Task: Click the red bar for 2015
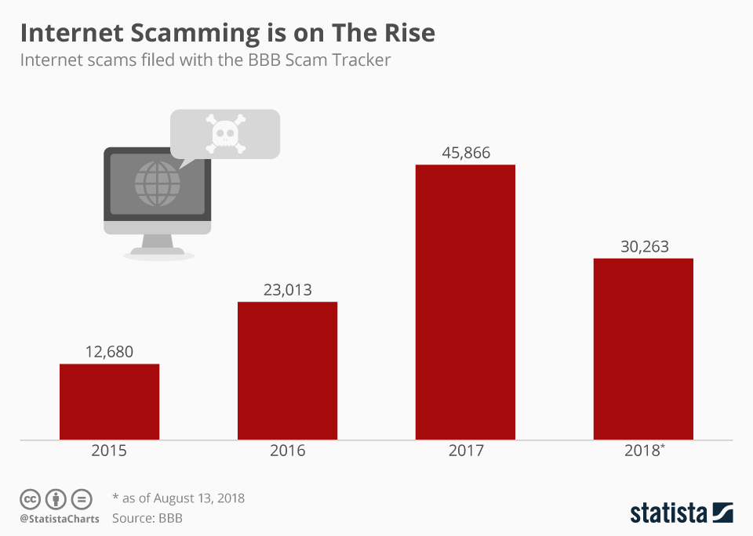pyautogui.click(x=109, y=401)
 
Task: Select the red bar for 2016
pyautogui.click(x=287, y=371)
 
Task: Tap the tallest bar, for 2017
pyautogui.click(x=465, y=302)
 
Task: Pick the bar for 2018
pyautogui.click(x=643, y=349)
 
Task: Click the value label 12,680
pyautogui.click(x=109, y=352)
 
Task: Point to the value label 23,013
pyautogui.click(x=287, y=290)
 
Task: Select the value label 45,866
pyautogui.click(x=465, y=153)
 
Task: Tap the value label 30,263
pyautogui.click(x=643, y=247)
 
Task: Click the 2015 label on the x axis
pyautogui.click(x=109, y=451)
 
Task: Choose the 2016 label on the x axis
pyautogui.click(x=287, y=451)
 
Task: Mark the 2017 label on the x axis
pyautogui.click(x=465, y=451)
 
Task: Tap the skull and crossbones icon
pyautogui.click(x=225, y=133)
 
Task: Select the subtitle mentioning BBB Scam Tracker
pyautogui.click(x=205, y=60)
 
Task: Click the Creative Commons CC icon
pyautogui.click(x=30, y=499)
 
